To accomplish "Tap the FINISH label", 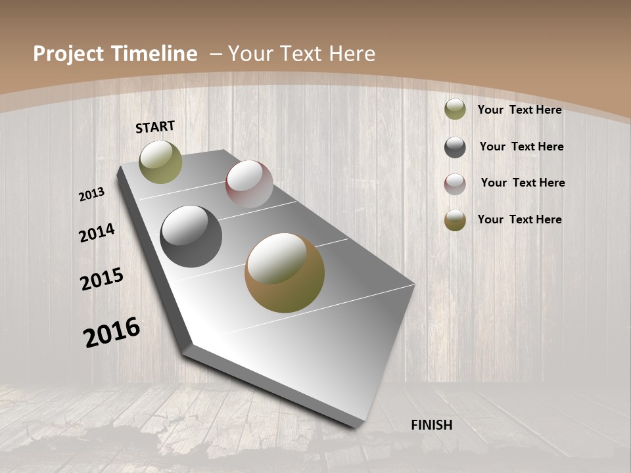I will [x=431, y=425].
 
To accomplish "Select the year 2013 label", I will [x=92, y=194].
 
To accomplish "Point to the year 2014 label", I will [x=97, y=233].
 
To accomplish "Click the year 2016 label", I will [x=112, y=332].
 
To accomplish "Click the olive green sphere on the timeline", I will [x=160, y=162].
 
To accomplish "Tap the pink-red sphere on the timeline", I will [x=249, y=184].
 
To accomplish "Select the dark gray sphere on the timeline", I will [x=191, y=236].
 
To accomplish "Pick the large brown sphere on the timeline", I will [x=285, y=273].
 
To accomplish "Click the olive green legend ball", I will [x=455, y=109].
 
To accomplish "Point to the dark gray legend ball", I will [x=455, y=147].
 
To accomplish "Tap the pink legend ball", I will [x=455, y=184].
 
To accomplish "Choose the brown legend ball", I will [x=455, y=220].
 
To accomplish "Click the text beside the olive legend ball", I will [x=519, y=110].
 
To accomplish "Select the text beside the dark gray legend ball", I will [x=521, y=146].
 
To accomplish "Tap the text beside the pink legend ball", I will [x=523, y=183].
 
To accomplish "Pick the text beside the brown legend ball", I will [x=519, y=219].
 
